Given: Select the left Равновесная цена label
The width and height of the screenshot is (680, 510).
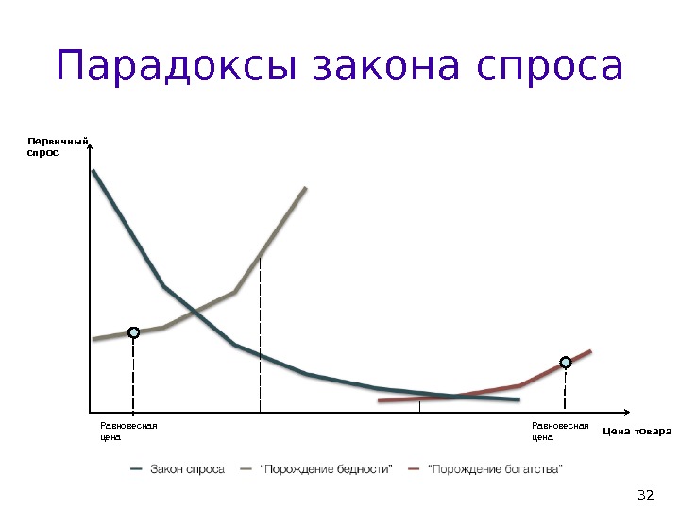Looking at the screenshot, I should point(127,432).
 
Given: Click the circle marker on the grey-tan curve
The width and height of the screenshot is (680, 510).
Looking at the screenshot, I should point(134,332).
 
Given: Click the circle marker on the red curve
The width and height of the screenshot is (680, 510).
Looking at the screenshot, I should point(566,362).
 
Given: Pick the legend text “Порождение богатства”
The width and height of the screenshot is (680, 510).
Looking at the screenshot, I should point(495,469).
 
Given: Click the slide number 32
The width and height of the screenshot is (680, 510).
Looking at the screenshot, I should point(646,495).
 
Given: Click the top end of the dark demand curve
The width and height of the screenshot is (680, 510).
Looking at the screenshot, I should point(93,171).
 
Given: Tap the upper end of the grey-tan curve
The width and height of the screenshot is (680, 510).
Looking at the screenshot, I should point(307,188).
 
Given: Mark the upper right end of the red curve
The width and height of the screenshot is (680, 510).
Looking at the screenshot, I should point(590,350).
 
